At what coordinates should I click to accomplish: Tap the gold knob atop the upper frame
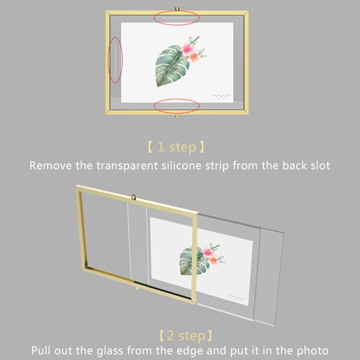(x=176, y=9)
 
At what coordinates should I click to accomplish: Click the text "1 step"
(x=176, y=147)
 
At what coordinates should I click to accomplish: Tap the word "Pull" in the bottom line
(x=41, y=351)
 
